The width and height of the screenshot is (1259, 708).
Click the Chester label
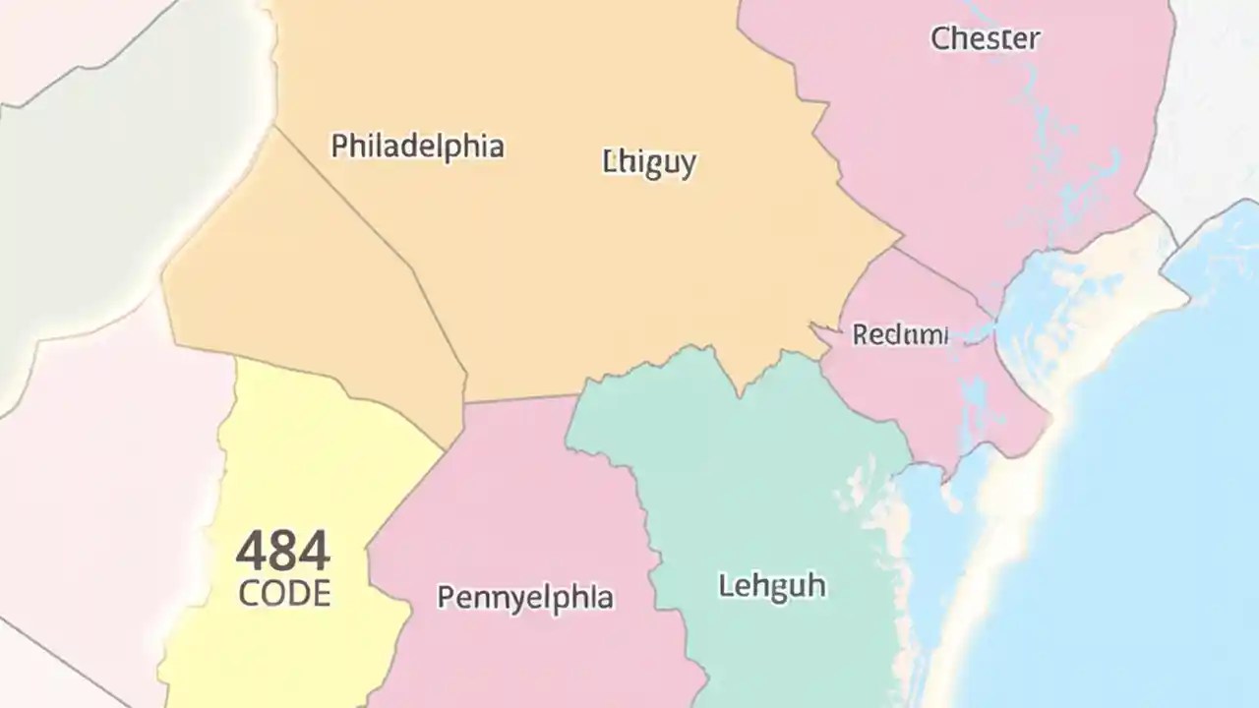point(985,39)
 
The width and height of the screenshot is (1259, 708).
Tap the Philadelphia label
point(417,147)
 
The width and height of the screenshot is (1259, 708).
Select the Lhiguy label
point(648,161)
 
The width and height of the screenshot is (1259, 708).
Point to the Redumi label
point(900,334)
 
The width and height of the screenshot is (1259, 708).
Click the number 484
point(283,552)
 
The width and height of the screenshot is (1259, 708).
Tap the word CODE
point(284,593)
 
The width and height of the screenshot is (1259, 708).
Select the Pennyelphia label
point(525,597)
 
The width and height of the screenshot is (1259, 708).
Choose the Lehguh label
point(772,587)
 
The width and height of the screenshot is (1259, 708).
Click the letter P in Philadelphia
point(339,147)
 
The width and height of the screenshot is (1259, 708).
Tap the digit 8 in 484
point(283,552)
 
